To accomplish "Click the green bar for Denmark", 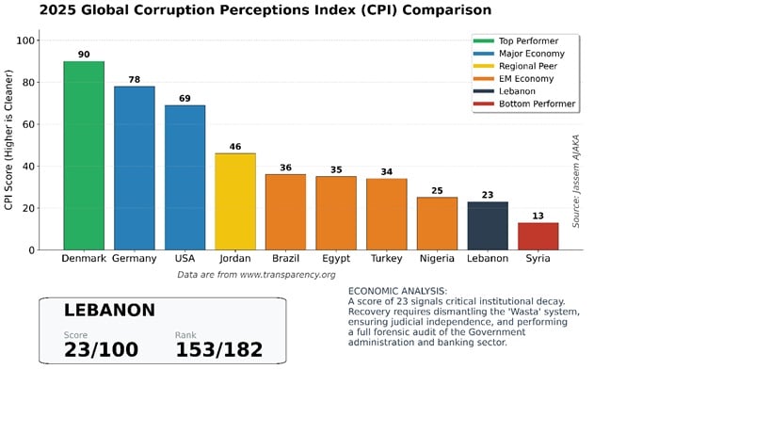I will coord(84,155).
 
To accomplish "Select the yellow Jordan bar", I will coord(235,201).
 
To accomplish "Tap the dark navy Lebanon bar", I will coord(488,226).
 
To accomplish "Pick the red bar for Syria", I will coord(538,236).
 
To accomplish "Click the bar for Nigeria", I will coord(437,223).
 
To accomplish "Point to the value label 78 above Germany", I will coord(134,80).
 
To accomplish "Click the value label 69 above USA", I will coord(185,99).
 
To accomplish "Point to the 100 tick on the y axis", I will coord(25,40).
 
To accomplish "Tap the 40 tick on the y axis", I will coord(28,167).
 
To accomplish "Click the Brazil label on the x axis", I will coord(285,259).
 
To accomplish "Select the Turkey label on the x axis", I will coord(386,259).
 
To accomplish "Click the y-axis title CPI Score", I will coord(9,145).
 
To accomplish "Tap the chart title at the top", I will coord(265,10).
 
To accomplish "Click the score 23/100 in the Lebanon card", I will coord(101,350).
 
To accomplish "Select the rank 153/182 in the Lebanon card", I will coord(218,350).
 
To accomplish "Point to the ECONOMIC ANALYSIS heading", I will coord(397,291).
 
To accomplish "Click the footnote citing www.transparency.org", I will coord(256,275).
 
